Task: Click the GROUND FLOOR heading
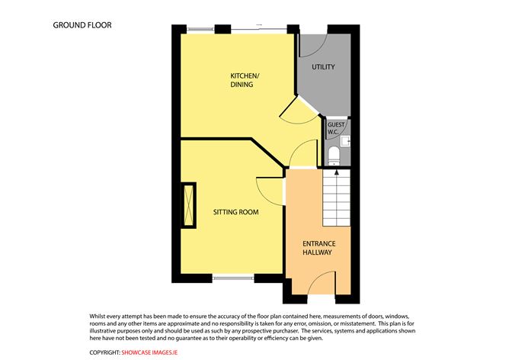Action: [82, 25]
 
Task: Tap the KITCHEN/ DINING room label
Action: [245, 80]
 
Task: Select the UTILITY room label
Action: [323, 67]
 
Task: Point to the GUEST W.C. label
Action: [336, 128]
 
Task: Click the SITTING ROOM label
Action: [236, 212]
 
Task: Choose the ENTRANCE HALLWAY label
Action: [319, 248]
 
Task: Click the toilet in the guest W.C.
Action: [334, 156]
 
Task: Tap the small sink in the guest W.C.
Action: [345, 141]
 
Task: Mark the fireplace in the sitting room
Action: [188, 205]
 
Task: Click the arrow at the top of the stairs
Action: [337, 173]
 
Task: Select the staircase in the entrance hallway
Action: [337, 198]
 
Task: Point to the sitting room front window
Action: [233, 278]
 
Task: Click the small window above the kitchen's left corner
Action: [201, 29]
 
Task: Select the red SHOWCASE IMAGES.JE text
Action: [149, 352]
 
